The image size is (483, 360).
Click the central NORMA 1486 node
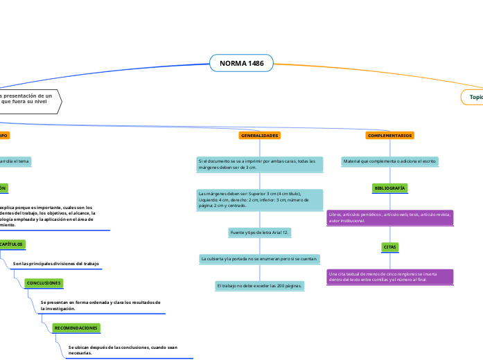241,64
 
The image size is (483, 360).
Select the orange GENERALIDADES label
260,136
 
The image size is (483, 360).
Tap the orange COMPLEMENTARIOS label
390,136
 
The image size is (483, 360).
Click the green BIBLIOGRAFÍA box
390,188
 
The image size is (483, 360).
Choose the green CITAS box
390,247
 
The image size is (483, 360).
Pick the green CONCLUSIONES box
44,283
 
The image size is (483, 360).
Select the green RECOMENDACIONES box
76,327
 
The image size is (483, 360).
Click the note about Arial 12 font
259,233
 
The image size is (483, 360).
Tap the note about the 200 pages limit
260,285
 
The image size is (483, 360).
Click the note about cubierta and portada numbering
260,259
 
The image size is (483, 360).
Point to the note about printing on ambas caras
259,164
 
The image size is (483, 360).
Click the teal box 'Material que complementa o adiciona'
389,161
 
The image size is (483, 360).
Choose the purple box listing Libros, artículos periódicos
389,217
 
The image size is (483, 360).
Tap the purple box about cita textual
389,277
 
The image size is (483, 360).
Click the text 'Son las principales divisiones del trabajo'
56,264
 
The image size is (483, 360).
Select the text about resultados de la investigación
101,305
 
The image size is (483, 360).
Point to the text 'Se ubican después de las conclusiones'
123,350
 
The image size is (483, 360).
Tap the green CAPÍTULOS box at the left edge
11,244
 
